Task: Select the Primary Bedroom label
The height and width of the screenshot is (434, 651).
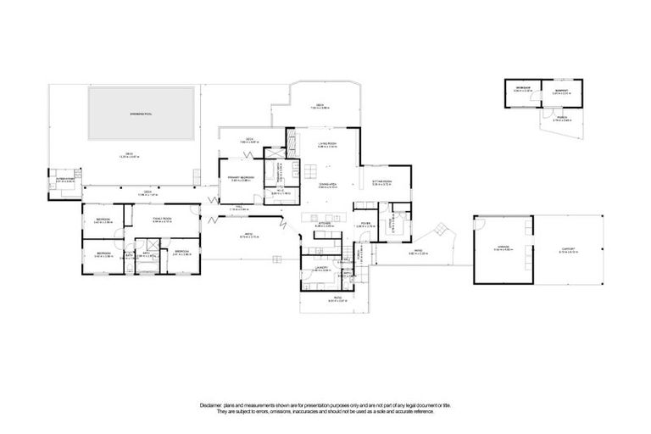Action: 242,177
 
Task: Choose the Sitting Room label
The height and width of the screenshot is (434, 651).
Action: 381,181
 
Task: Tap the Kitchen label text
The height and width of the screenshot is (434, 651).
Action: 324,225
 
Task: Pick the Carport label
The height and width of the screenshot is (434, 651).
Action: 569,248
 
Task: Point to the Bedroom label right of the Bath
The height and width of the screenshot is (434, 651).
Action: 182,252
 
